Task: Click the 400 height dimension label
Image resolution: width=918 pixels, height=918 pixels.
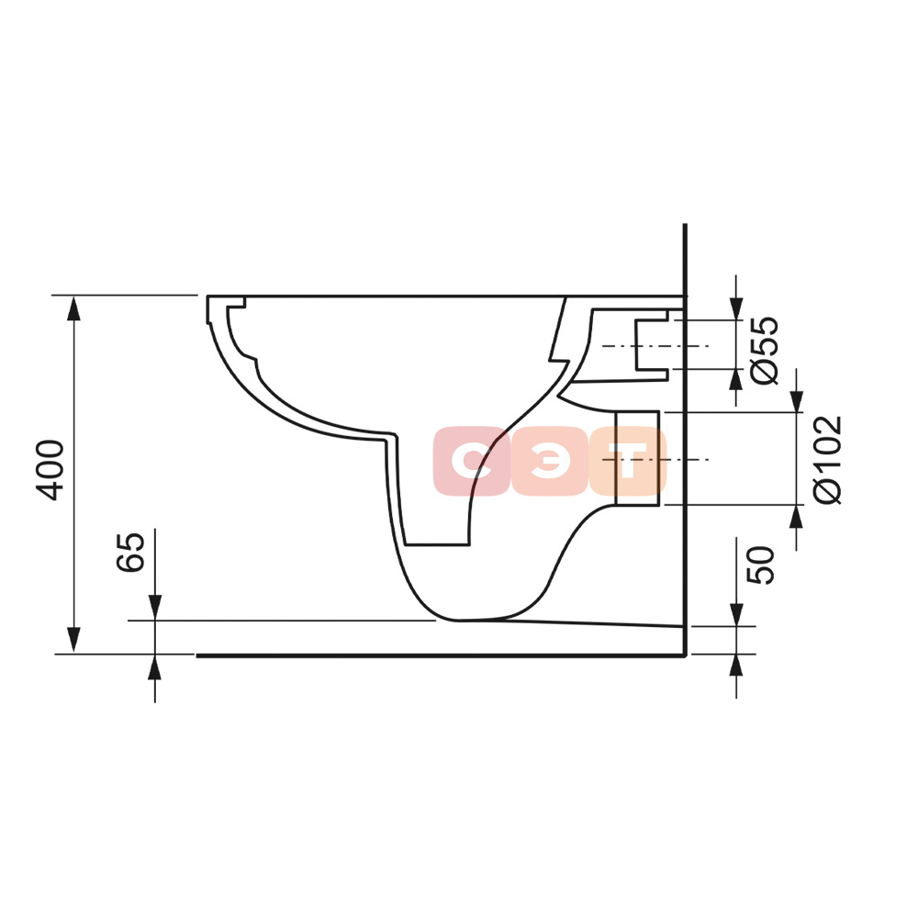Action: tap(50, 470)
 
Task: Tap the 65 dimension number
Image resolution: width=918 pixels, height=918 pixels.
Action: tap(130, 552)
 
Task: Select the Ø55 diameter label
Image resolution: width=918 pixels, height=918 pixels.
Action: tap(766, 350)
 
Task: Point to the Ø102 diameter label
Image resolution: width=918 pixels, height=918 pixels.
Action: tap(828, 460)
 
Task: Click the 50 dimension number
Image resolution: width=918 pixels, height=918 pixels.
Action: tap(760, 565)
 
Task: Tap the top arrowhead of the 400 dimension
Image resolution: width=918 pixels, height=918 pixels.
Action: tap(73, 308)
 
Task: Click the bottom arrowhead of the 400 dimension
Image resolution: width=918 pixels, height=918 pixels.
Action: tap(73, 640)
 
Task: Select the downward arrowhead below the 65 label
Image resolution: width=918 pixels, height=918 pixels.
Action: tap(154, 607)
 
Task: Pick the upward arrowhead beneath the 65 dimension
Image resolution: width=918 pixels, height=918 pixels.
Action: tap(154, 666)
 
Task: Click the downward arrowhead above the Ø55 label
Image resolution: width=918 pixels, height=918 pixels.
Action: tap(736, 308)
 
